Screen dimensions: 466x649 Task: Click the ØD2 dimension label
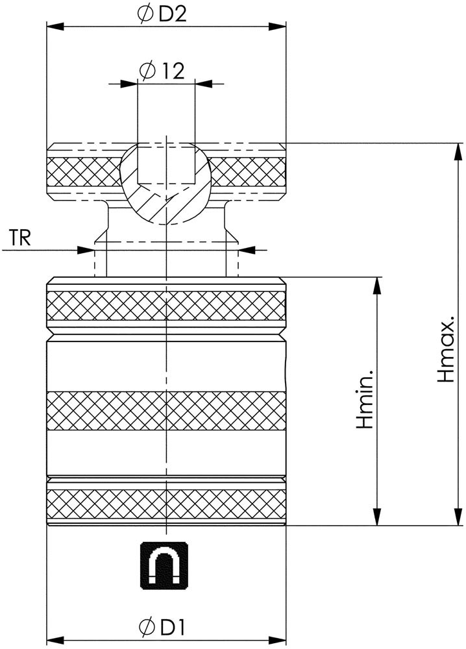pos(162,14)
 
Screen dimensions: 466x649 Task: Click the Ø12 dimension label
pos(162,71)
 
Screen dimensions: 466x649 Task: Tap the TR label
pos(20,238)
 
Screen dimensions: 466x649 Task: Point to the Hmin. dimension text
pos(365,399)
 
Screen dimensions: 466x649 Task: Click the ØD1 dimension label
pos(162,628)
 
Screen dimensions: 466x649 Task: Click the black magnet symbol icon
pos(164,565)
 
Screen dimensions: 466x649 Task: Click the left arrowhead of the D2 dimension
pos(55,27)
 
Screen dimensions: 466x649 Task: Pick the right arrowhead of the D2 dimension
pos(277,27)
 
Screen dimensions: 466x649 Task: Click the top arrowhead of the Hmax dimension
pos(458,152)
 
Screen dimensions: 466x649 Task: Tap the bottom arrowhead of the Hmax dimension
pos(458,517)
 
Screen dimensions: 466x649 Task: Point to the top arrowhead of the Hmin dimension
pos(376,286)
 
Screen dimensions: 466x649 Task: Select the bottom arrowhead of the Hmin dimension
pos(376,517)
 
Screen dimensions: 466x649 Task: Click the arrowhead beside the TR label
pos(86,250)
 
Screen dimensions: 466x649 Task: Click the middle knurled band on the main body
pos(166,410)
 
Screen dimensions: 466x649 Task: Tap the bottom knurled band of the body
pos(166,504)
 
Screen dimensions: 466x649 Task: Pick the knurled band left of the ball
pos(84,172)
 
